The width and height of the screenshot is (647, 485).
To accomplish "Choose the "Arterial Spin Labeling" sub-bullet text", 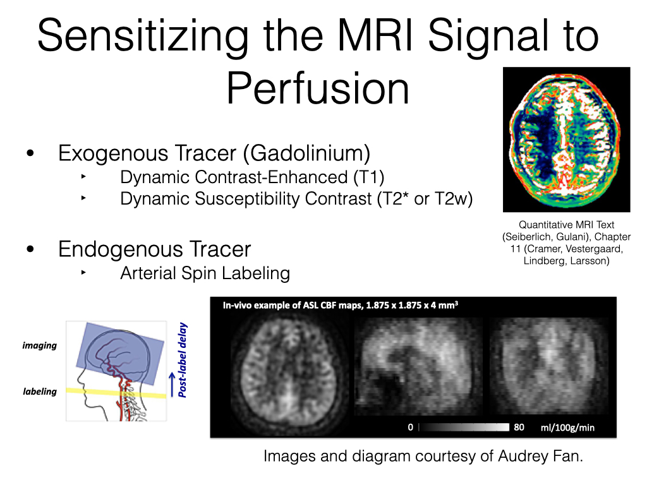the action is click(x=205, y=273).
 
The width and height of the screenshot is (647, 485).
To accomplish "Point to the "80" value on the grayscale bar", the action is click(x=519, y=428).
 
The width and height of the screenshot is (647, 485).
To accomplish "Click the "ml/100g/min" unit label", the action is click(x=568, y=428).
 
